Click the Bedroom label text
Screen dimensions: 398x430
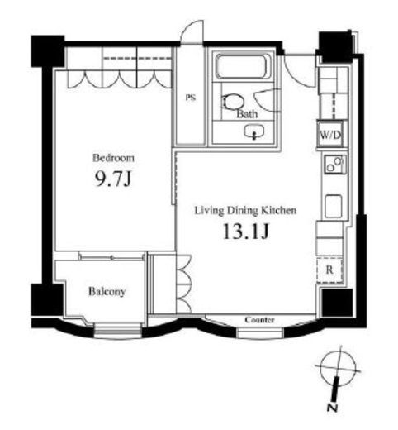coord(113,158)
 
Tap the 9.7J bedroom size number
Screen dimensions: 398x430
coord(113,179)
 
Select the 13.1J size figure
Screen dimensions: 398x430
coord(245,231)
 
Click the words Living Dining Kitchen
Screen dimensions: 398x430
coord(245,211)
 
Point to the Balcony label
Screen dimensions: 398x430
coord(107,291)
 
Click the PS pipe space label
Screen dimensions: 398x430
coord(191,98)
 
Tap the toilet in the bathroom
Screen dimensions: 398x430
coord(233,102)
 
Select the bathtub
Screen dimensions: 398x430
coord(244,66)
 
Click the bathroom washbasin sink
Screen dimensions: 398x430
coord(254,131)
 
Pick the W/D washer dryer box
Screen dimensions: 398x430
coord(329,135)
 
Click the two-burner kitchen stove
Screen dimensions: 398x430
coord(334,165)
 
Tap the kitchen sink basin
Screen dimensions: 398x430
coord(334,206)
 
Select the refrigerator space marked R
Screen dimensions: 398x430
coord(329,270)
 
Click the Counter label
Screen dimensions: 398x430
coord(259,320)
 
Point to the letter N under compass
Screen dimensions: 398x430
coord(333,408)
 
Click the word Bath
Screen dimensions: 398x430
coord(247,113)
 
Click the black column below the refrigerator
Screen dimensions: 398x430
coord(338,303)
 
